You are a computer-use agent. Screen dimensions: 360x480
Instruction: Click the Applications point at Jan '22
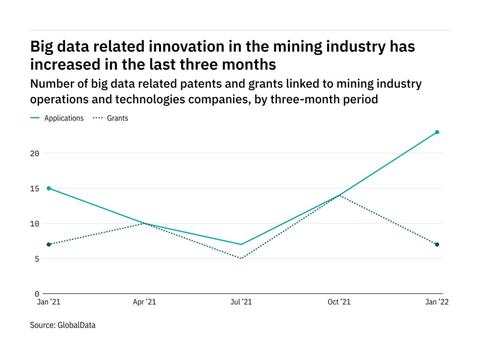(437, 132)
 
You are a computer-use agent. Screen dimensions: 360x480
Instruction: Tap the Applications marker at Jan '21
(49, 188)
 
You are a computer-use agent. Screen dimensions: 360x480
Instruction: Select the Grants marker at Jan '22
(437, 244)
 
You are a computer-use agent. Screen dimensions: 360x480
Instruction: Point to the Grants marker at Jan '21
(49, 244)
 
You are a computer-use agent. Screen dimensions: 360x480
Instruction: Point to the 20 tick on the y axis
(35, 153)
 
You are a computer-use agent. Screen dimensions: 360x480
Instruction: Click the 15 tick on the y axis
(35, 188)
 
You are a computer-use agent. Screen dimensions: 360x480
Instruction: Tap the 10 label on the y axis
(35, 223)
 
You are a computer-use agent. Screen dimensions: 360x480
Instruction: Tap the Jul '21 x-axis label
(241, 302)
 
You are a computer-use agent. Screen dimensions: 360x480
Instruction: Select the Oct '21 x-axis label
(339, 302)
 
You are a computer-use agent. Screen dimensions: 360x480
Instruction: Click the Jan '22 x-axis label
(437, 302)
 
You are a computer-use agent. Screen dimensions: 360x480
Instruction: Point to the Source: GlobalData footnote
(63, 325)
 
